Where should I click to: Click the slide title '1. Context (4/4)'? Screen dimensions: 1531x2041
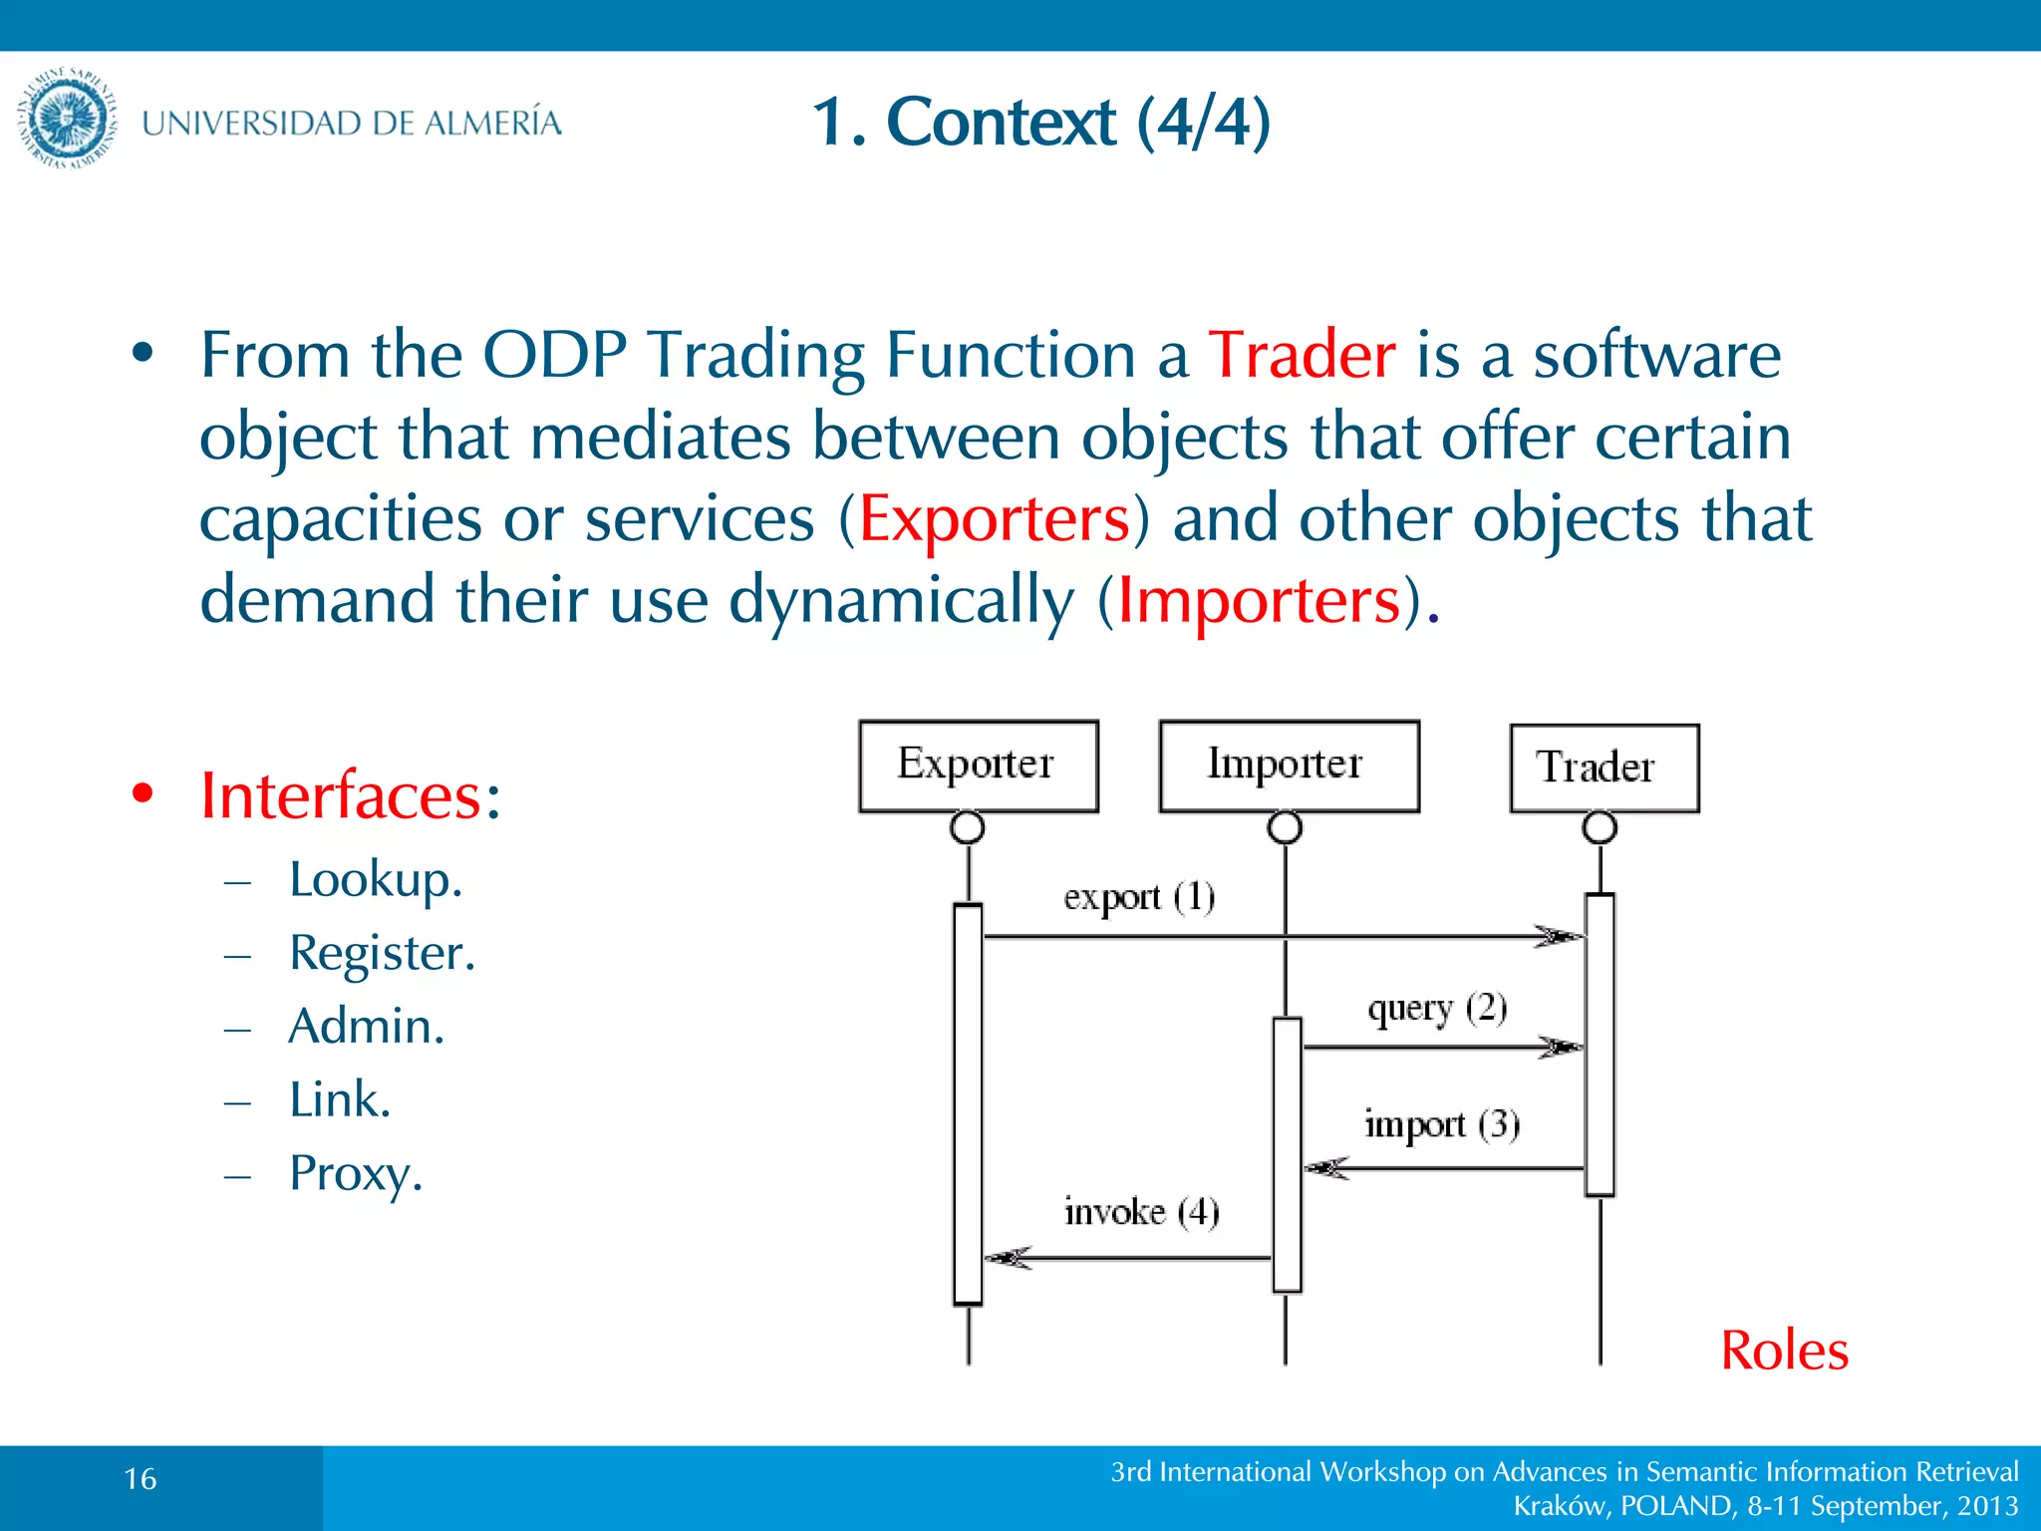pos(1040,122)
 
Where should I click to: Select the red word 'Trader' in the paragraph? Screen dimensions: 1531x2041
pos(1302,355)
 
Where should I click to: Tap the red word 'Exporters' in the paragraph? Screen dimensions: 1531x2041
pos(994,519)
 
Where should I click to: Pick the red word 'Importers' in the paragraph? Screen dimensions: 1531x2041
pos(1259,601)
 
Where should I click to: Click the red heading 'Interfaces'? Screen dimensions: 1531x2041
pos(341,795)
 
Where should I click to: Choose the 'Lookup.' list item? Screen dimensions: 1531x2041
pos(376,879)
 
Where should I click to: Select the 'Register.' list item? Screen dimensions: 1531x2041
pos(382,953)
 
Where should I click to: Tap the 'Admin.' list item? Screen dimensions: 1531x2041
pos(366,1026)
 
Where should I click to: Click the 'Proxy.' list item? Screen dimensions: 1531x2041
pos(356,1173)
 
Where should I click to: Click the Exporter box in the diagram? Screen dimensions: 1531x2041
pos(978,765)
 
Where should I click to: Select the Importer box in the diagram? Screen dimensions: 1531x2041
pos(1289,765)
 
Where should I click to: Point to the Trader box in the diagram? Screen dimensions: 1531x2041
pos(1604,767)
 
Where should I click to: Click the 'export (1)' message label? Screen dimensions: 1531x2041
pos(1139,897)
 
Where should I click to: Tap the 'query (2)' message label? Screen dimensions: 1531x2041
pos(1437,1009)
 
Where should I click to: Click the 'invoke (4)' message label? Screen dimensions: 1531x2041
pos(1141,1212)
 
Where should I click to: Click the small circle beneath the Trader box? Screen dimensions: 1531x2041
pos(1600,827)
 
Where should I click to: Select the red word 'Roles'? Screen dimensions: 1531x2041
pos(1784,1351)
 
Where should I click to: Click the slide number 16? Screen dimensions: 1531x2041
pos(141,1479)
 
